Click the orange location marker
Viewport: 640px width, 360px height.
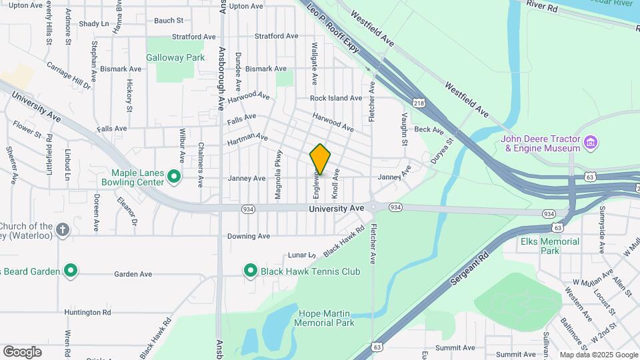(x=320, y=159)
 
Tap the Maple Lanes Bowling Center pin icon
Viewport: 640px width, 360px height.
(x=174, y=177)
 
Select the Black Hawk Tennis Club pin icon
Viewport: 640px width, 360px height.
(x=251, y=271)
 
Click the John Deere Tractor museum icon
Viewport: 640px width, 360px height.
(x=590, y=142)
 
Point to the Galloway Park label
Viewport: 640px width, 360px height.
(x=175, y=57)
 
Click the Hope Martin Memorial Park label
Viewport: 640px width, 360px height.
(x=324, y=317)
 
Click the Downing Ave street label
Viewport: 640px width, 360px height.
(x=248, y=236)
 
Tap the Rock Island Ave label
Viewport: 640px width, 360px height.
(x=336, y=98)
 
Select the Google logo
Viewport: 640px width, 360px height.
(x=22, y=352)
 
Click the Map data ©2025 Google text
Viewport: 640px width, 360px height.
(x=598, y=355)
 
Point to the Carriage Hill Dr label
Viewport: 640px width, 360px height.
(x=69, y=75)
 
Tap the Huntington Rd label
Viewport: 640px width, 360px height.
(x=87, y=312)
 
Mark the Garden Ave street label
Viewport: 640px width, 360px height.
(x=133, y=274)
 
